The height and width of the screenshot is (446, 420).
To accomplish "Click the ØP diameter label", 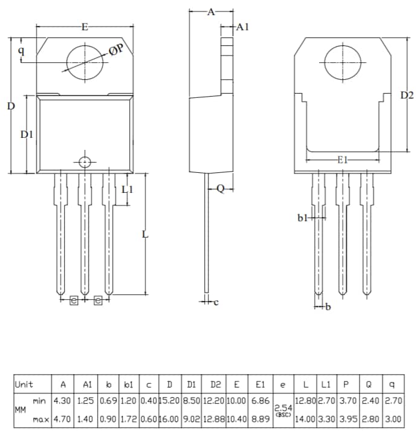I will point(116,50).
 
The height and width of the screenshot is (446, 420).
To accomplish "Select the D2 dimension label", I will point(407,95).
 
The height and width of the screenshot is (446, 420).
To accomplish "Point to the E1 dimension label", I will point(343,160).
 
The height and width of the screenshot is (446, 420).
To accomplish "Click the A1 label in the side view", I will point(242,27).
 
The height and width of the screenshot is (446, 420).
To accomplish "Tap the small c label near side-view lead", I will point(216,302).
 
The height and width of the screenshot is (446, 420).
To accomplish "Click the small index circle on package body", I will point(85,162).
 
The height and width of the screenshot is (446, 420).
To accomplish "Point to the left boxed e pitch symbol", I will point(74,300).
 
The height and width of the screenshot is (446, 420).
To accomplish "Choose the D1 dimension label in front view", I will point(27,134).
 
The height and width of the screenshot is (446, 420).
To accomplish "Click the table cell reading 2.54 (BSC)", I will point(283,410).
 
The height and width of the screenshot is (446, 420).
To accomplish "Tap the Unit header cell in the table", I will point(25,384).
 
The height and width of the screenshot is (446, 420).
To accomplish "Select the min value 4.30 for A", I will point(62,400).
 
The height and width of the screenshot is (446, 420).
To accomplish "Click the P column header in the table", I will point(346,384).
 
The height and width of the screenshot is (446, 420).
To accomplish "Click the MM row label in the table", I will point(20,410).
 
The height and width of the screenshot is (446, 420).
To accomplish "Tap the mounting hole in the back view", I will point(343,62).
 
